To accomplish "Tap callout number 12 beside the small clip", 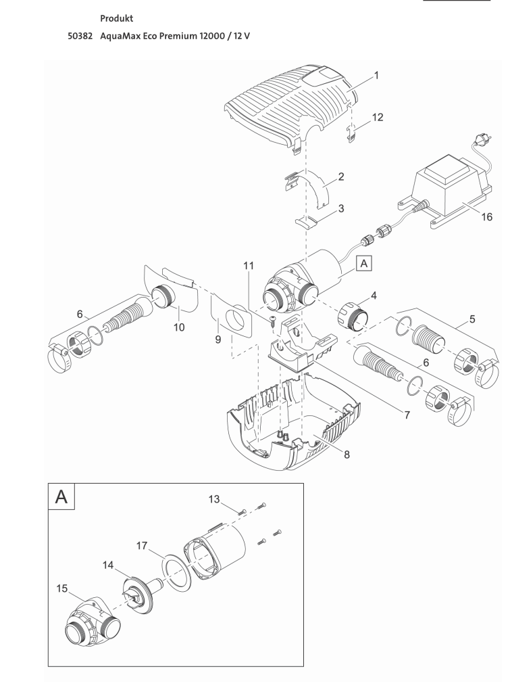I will (378, 117).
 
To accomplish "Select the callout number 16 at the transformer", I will (486, 217).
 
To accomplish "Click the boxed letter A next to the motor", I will (364, 264).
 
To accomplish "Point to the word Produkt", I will (116, 18).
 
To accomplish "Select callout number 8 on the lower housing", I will (347, 454).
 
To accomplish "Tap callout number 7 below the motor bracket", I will (407, 415).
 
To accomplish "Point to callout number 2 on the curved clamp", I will (341, 177).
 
